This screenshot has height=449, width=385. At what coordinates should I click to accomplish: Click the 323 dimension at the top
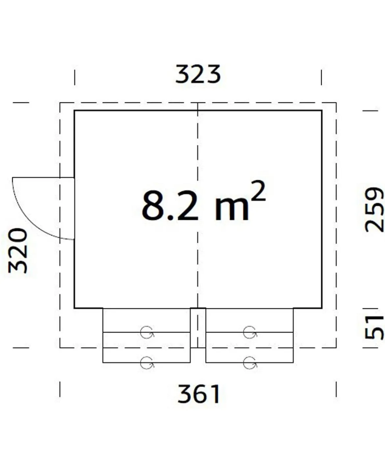click(x=198, y=74)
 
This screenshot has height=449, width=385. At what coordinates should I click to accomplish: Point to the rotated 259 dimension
click(x=374, y=210)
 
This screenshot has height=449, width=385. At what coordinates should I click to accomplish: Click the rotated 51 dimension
click(x=374, y=328)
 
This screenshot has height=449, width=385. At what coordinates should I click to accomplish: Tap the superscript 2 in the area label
click(x=259, y=191)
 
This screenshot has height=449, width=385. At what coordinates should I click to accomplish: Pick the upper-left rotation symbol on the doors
click(x=147, y=332)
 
